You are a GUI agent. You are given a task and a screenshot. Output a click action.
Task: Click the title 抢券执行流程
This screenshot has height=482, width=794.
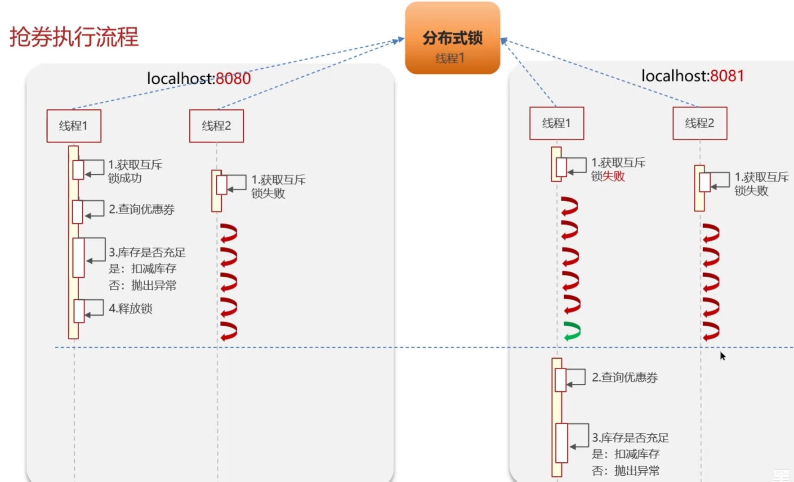click(74, 36)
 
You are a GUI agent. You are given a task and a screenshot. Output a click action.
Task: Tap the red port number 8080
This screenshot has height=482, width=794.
click(233, 79)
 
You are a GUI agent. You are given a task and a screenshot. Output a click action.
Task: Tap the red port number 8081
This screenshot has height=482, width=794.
click(727, 76)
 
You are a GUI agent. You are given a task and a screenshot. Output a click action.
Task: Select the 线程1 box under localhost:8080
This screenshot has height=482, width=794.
click(74, 126)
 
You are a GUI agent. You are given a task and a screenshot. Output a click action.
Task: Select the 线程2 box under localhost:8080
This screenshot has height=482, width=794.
click(216, 126)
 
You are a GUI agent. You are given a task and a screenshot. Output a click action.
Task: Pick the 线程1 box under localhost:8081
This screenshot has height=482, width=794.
click(556, 123)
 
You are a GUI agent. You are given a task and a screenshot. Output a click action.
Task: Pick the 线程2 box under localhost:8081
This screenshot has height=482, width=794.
click(699, 123)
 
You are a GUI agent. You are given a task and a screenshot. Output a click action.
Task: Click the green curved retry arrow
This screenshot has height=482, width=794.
click(572, 331)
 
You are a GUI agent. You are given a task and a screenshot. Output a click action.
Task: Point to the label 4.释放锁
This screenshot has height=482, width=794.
click(130, 309)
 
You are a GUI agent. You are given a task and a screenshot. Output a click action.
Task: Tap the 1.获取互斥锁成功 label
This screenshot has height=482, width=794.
click(135, 171)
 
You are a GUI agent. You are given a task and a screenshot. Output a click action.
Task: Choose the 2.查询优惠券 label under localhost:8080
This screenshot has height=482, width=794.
click(142, 209)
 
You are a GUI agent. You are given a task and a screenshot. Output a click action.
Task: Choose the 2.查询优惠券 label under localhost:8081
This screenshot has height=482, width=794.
click(624, 378)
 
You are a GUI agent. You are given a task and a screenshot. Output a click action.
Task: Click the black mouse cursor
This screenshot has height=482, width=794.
click(723, 356)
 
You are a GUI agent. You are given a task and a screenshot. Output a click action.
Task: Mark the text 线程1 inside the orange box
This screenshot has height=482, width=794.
click(450, 58)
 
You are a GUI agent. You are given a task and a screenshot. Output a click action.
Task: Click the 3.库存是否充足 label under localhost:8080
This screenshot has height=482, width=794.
click(147, 252)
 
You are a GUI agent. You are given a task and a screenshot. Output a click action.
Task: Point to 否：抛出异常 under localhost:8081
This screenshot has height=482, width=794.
click(625, 471)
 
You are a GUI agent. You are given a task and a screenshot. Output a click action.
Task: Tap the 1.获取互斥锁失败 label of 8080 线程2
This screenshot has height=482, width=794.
click(278, 187)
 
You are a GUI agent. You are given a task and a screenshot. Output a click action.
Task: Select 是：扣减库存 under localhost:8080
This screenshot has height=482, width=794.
click(143, 269)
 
